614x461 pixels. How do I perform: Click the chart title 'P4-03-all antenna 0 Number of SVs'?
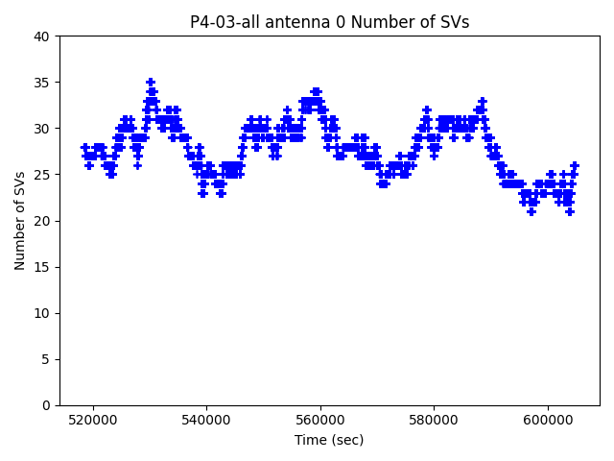(329, 22)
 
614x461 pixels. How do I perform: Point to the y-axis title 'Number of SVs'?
(20, 221)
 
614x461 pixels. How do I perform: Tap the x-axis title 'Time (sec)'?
(329, 440)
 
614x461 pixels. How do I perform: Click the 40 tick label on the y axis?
(42, 36)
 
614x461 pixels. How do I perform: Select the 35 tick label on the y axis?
(42, 83)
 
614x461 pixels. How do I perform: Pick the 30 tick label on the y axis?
(42, 129)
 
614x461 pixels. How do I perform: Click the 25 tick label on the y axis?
(42, 175)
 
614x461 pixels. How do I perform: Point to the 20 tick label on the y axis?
(42, 221)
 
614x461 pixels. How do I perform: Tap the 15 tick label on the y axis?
(42, 267)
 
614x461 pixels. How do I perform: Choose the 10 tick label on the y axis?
(42, 313)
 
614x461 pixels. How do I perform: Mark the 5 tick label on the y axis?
(46, 359)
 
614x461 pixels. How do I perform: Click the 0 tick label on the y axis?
(46, 405)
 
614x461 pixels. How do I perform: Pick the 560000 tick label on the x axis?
(320, 420)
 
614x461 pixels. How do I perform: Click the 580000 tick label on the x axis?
(435, 420)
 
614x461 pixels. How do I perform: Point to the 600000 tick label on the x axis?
(549, 420)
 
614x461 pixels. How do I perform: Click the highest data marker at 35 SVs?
(151, 83)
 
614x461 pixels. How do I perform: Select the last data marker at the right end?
(575, 165)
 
